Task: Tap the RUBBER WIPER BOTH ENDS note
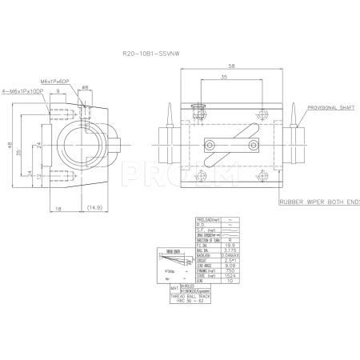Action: tap(321, 203)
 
